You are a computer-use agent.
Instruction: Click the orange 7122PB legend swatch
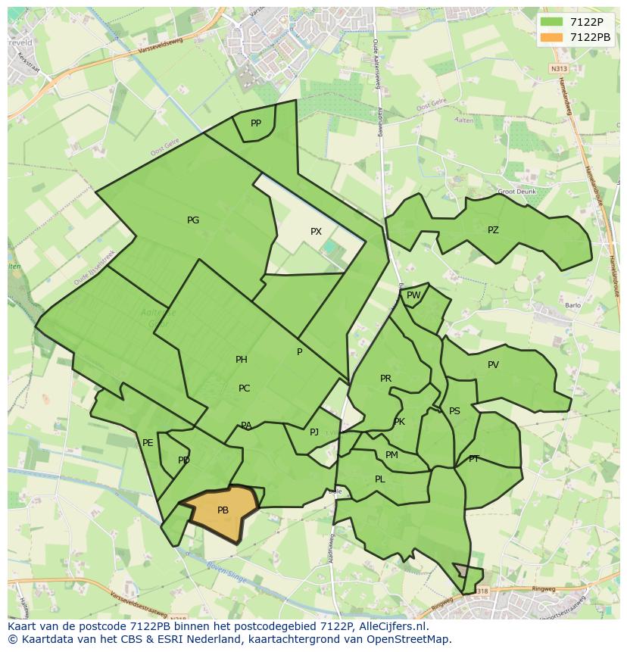click(x=552, y=37)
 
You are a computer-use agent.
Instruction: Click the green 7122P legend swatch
click(x=552, y=22)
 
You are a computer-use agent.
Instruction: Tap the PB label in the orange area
click(x=223, y=510)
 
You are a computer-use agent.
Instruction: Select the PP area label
click(x=256, y=123)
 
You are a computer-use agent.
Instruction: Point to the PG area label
click(x=193, y=220)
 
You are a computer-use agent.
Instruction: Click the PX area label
click(x=316, y=232)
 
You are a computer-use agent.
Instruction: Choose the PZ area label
click(x=493, y=230)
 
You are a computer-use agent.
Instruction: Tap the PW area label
click(x=413, y=295)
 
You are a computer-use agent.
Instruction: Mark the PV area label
click(x=493, y=365)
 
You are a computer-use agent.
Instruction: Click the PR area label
click(x=385, y=379)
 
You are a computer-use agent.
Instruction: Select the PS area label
click(x=454, y=411)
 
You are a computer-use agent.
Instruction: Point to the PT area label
click(x=474, y=459)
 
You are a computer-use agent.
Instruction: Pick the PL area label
click(x=380, y=479)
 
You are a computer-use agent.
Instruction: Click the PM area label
click(x=391, y=455)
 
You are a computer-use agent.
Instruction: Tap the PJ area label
click(x=314, y=432)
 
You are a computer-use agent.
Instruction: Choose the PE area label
click(x=148, y=443)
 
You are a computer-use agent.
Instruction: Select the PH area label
click(x=242, y=360)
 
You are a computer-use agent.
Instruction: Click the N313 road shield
click(x=559, y=69)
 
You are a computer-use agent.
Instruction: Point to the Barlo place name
click(x=572, y=306)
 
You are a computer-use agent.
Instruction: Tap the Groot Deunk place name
click(x=516, y=192)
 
